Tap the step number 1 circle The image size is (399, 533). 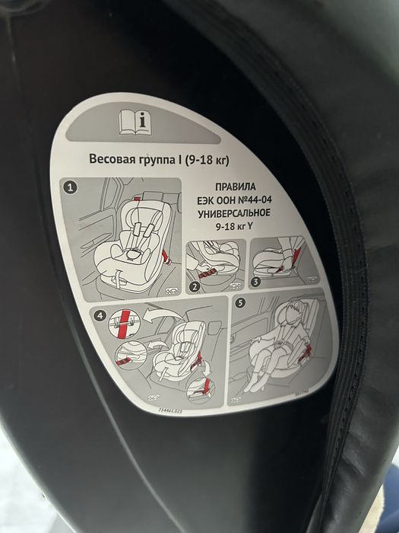pyautogui.click(x=71, y=187)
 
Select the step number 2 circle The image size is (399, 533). pyautogui.click(x=194, y=287)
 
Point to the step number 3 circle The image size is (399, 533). pyautogui.click(x=255, y=281)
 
